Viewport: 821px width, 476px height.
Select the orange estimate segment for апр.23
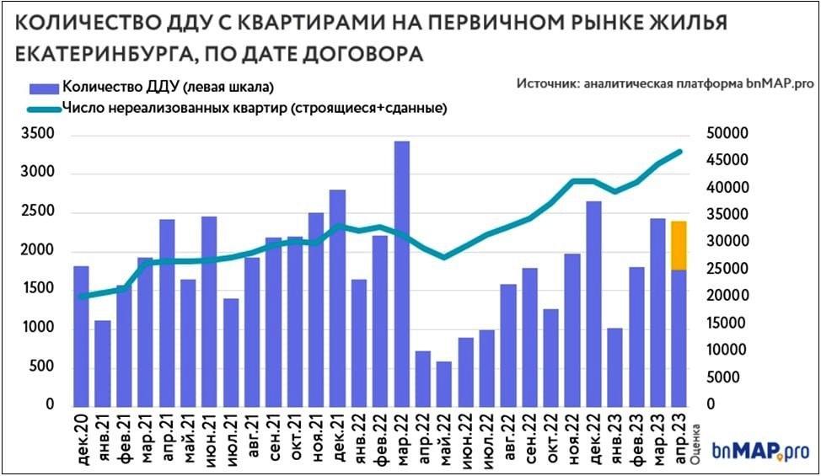pos(679,245)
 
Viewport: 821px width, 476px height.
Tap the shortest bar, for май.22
pos(444,383)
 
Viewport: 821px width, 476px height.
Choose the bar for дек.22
pos(593,303)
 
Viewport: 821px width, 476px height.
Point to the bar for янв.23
pos(614,366)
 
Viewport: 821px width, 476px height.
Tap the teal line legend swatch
pos(36,108)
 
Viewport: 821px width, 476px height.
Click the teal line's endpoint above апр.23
pos(679,152)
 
